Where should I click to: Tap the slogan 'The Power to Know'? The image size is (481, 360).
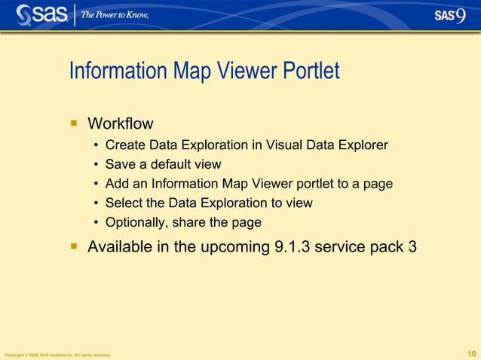[115, 15]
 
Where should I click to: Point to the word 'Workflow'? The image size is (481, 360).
[121, 123]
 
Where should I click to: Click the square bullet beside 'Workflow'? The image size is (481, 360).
[74, 122]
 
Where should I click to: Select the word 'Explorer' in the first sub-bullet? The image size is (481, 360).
[364, 145]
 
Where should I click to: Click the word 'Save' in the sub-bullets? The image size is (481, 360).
[120, 164]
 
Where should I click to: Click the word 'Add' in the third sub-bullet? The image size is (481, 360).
[117, 184]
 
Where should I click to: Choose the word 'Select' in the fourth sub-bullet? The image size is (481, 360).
[124, 203]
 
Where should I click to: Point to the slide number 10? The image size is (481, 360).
[472, 354]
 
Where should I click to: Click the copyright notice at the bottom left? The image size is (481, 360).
[58, 355]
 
